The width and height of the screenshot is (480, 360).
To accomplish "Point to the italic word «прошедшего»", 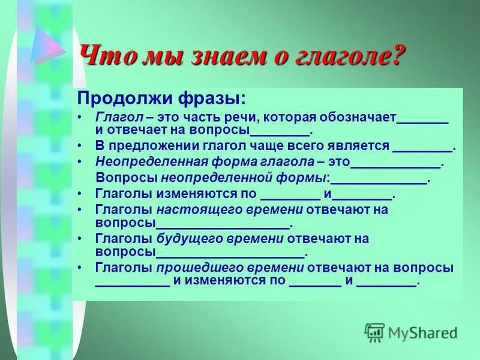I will click(196, 268).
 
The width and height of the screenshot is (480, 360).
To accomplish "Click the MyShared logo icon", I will click(374, 331).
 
